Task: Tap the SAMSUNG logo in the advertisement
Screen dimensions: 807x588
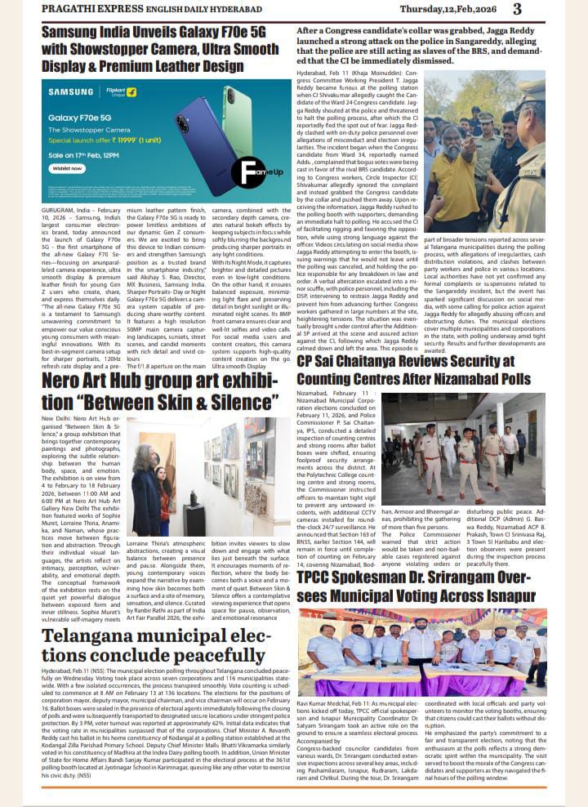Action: point(70,91)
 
